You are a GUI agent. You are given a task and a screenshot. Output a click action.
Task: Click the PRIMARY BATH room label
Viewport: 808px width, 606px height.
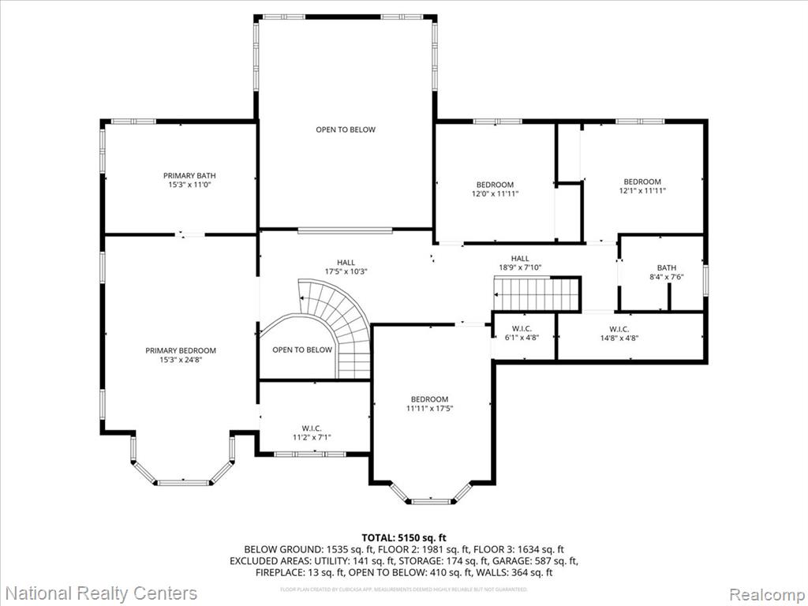[189, 176]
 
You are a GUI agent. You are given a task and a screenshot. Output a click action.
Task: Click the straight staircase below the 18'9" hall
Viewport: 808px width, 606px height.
[537, 294]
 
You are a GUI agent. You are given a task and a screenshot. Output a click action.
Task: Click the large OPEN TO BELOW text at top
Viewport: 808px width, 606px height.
[346, 129]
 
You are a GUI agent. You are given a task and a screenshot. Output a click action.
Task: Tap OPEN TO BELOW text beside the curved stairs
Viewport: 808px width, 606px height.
[302, 350]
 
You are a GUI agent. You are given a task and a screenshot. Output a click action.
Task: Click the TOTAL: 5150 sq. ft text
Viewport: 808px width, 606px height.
[403, 537]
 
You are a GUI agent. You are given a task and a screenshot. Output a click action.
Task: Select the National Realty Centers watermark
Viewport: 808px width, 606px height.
[101, 593]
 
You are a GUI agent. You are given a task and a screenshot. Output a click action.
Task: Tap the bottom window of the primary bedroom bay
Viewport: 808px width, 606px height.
[182, 481]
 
